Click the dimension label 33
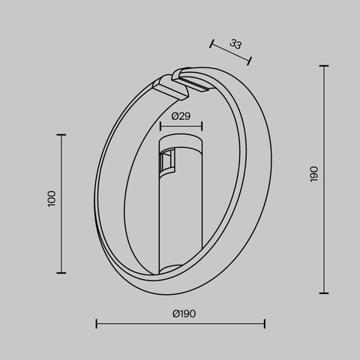click(x=235, y=44)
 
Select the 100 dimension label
click(x=51, y=199)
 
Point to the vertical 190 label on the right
click(x=313, y=174)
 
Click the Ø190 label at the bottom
click(x=184, y=313)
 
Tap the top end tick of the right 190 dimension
click(x=324, y=66)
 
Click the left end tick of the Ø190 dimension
click(x=96, y=324)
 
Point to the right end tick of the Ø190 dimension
click(x=265, y=324)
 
